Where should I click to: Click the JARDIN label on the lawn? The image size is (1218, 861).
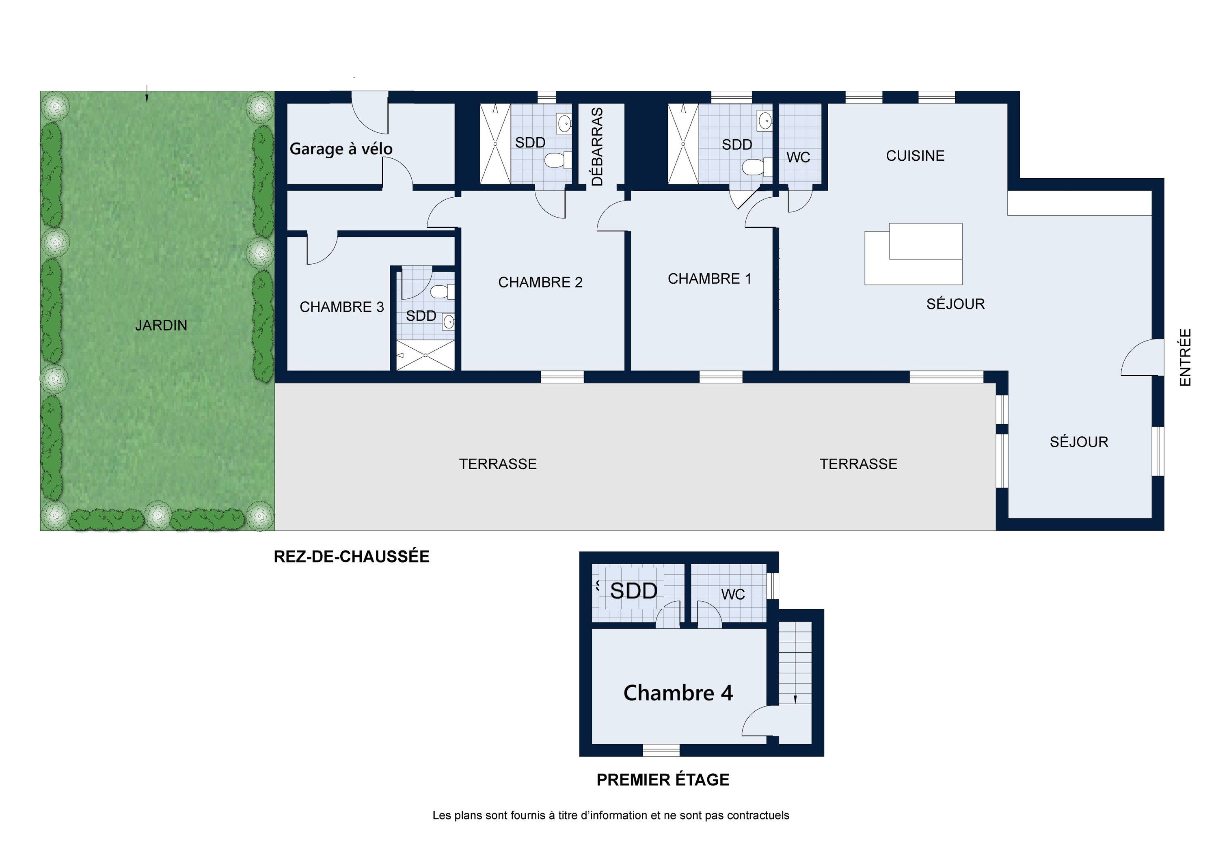pos(161,325)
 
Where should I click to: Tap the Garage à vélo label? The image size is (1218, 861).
pos(341,149)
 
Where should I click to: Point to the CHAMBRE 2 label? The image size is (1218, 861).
pos(540,282)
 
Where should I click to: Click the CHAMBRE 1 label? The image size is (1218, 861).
pos(709,278)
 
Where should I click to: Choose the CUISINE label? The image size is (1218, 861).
pos(915,156)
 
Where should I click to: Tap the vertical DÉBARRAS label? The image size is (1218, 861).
pos(597,147)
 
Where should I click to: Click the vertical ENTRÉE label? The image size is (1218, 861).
pos(1185,357)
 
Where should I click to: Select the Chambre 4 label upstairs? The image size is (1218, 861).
pos(678,693)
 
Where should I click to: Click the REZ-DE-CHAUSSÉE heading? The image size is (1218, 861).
pos(351,557)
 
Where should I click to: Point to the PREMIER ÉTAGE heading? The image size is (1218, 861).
pos(663,780)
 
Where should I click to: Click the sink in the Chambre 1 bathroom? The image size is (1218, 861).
pos(764,121)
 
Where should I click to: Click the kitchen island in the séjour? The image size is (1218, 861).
pos(914,254)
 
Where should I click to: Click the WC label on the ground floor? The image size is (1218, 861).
pos(798,158)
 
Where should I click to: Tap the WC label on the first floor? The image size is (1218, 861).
pos(732,595)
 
